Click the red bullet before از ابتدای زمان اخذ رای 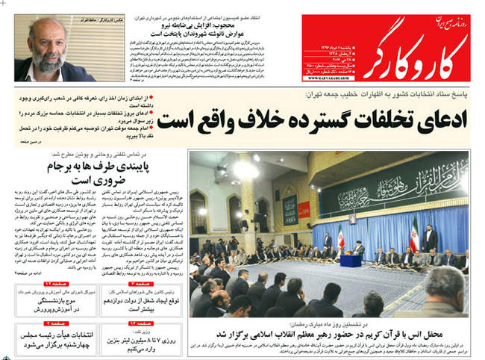pyautogui.click(x=178, y=98)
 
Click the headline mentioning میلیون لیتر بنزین pyautogui.click(x=145, y=343)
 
